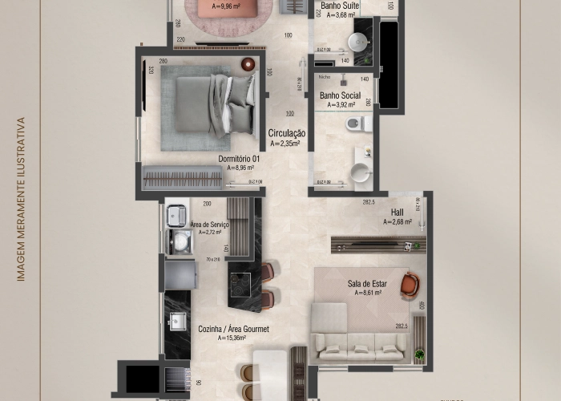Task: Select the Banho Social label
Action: (340, 95)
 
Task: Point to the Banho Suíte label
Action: (340, 5)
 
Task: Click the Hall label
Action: (397, 212)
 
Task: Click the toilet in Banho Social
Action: (357, 124)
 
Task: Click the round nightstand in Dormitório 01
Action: (248, 64)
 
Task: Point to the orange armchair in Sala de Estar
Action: (410, 283)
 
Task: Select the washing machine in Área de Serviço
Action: (180, 241)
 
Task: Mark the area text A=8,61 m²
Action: (367, 294)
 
